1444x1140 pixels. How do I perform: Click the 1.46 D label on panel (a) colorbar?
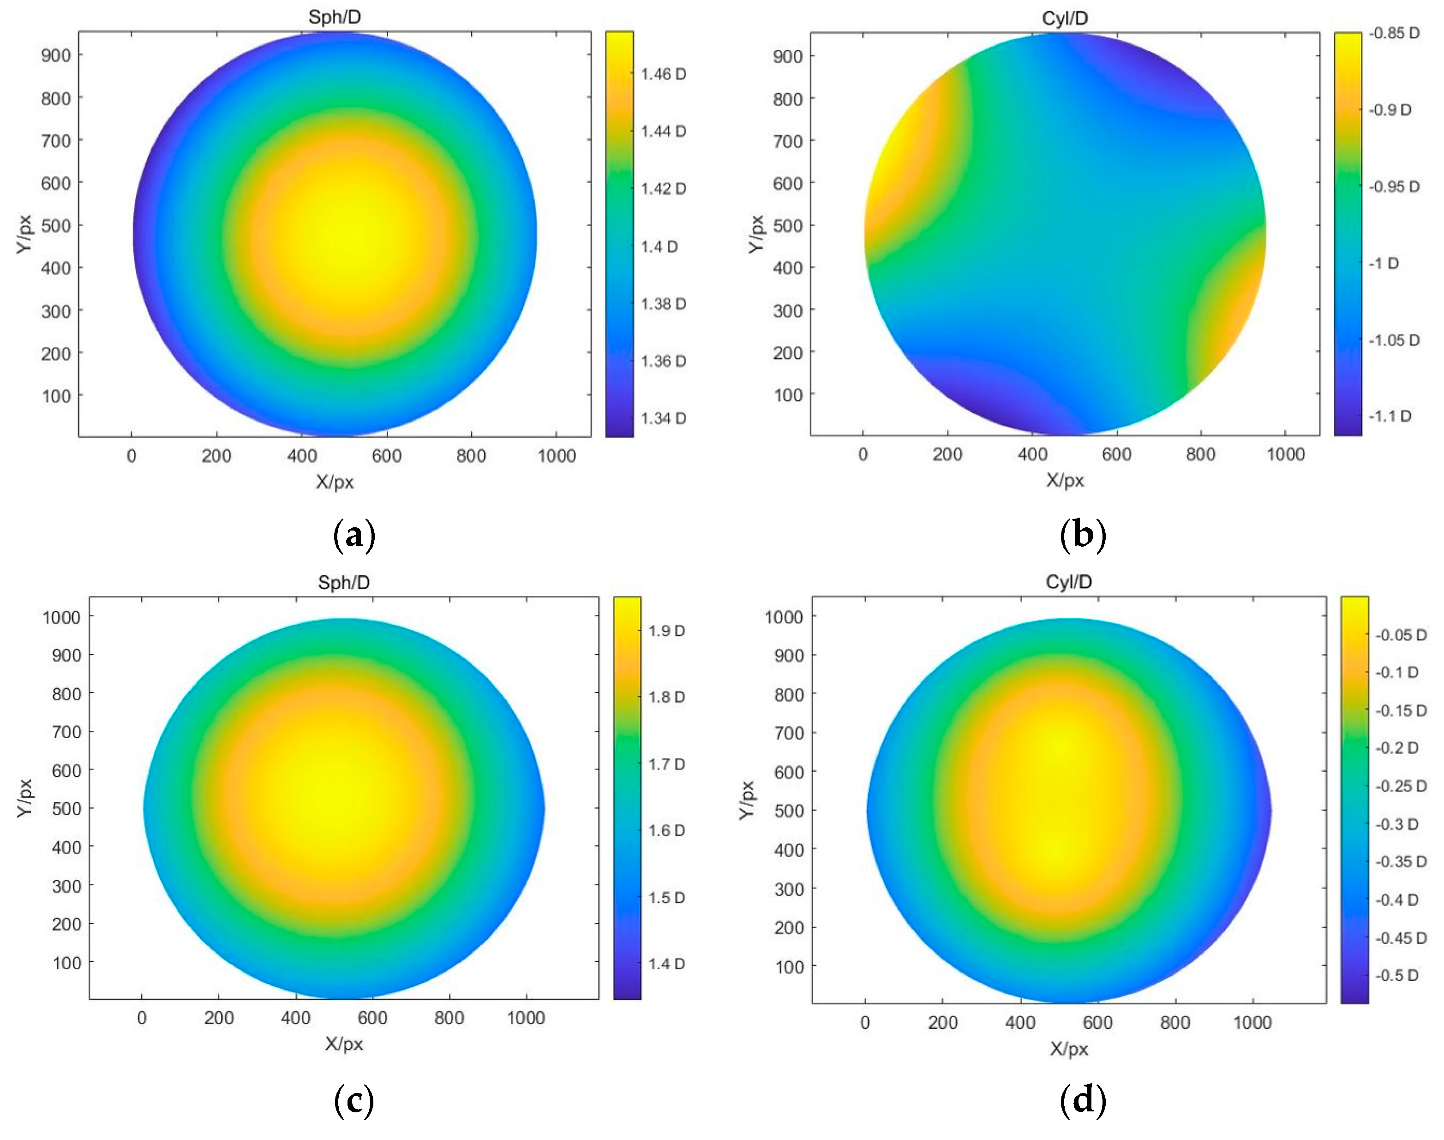(x=663, y=74)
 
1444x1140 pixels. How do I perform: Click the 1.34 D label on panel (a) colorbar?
(x=663, y=418)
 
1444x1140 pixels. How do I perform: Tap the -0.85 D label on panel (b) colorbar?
(x=1394, y=33)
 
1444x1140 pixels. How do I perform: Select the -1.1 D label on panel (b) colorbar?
(x=1390, y=416)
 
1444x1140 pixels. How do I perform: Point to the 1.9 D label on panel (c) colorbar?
(x=666, y=631)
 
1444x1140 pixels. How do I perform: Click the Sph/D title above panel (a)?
(x=335, y=18)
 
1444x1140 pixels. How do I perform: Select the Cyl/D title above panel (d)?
(x=1069, y=582)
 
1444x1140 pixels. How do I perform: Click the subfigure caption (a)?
(x=354, y=535)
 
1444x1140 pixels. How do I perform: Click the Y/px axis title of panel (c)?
(x=25, y=798)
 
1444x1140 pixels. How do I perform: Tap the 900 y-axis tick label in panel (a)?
(x=56, y=55)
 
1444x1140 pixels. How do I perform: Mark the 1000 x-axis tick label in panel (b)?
(x=1285, y=454)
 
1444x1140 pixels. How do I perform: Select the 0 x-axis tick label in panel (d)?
(x=865, y=1022)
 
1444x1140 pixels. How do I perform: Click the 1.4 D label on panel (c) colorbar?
(x=666, y=963)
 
